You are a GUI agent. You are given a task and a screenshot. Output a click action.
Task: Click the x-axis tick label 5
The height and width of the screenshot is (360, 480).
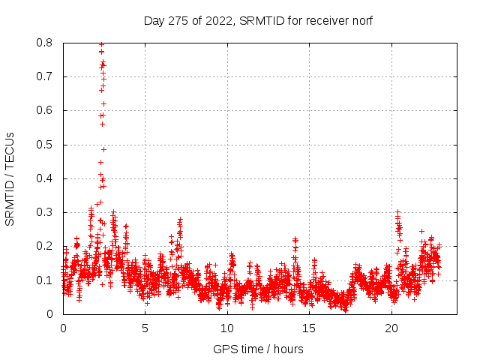point(145,328)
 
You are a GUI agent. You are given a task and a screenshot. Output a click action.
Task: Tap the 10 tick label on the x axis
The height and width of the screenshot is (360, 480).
point(227,328)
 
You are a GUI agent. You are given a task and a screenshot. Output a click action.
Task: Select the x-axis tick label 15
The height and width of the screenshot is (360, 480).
point(310,328)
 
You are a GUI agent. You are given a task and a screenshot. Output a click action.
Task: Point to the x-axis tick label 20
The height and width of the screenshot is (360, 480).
point(391,328)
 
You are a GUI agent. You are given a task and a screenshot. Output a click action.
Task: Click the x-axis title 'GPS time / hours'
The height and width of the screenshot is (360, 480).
point(258,349)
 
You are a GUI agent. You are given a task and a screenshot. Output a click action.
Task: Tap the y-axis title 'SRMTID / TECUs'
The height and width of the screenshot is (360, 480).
point(10,178)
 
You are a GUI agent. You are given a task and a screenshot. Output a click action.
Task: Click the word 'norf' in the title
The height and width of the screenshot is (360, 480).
point(360,21)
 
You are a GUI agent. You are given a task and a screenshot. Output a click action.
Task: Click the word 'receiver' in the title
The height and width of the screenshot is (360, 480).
point(323,21)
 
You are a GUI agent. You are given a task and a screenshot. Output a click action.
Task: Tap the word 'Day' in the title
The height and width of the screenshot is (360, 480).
point(153,21)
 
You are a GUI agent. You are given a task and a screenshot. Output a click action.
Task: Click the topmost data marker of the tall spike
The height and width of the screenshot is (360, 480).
point(101,44)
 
